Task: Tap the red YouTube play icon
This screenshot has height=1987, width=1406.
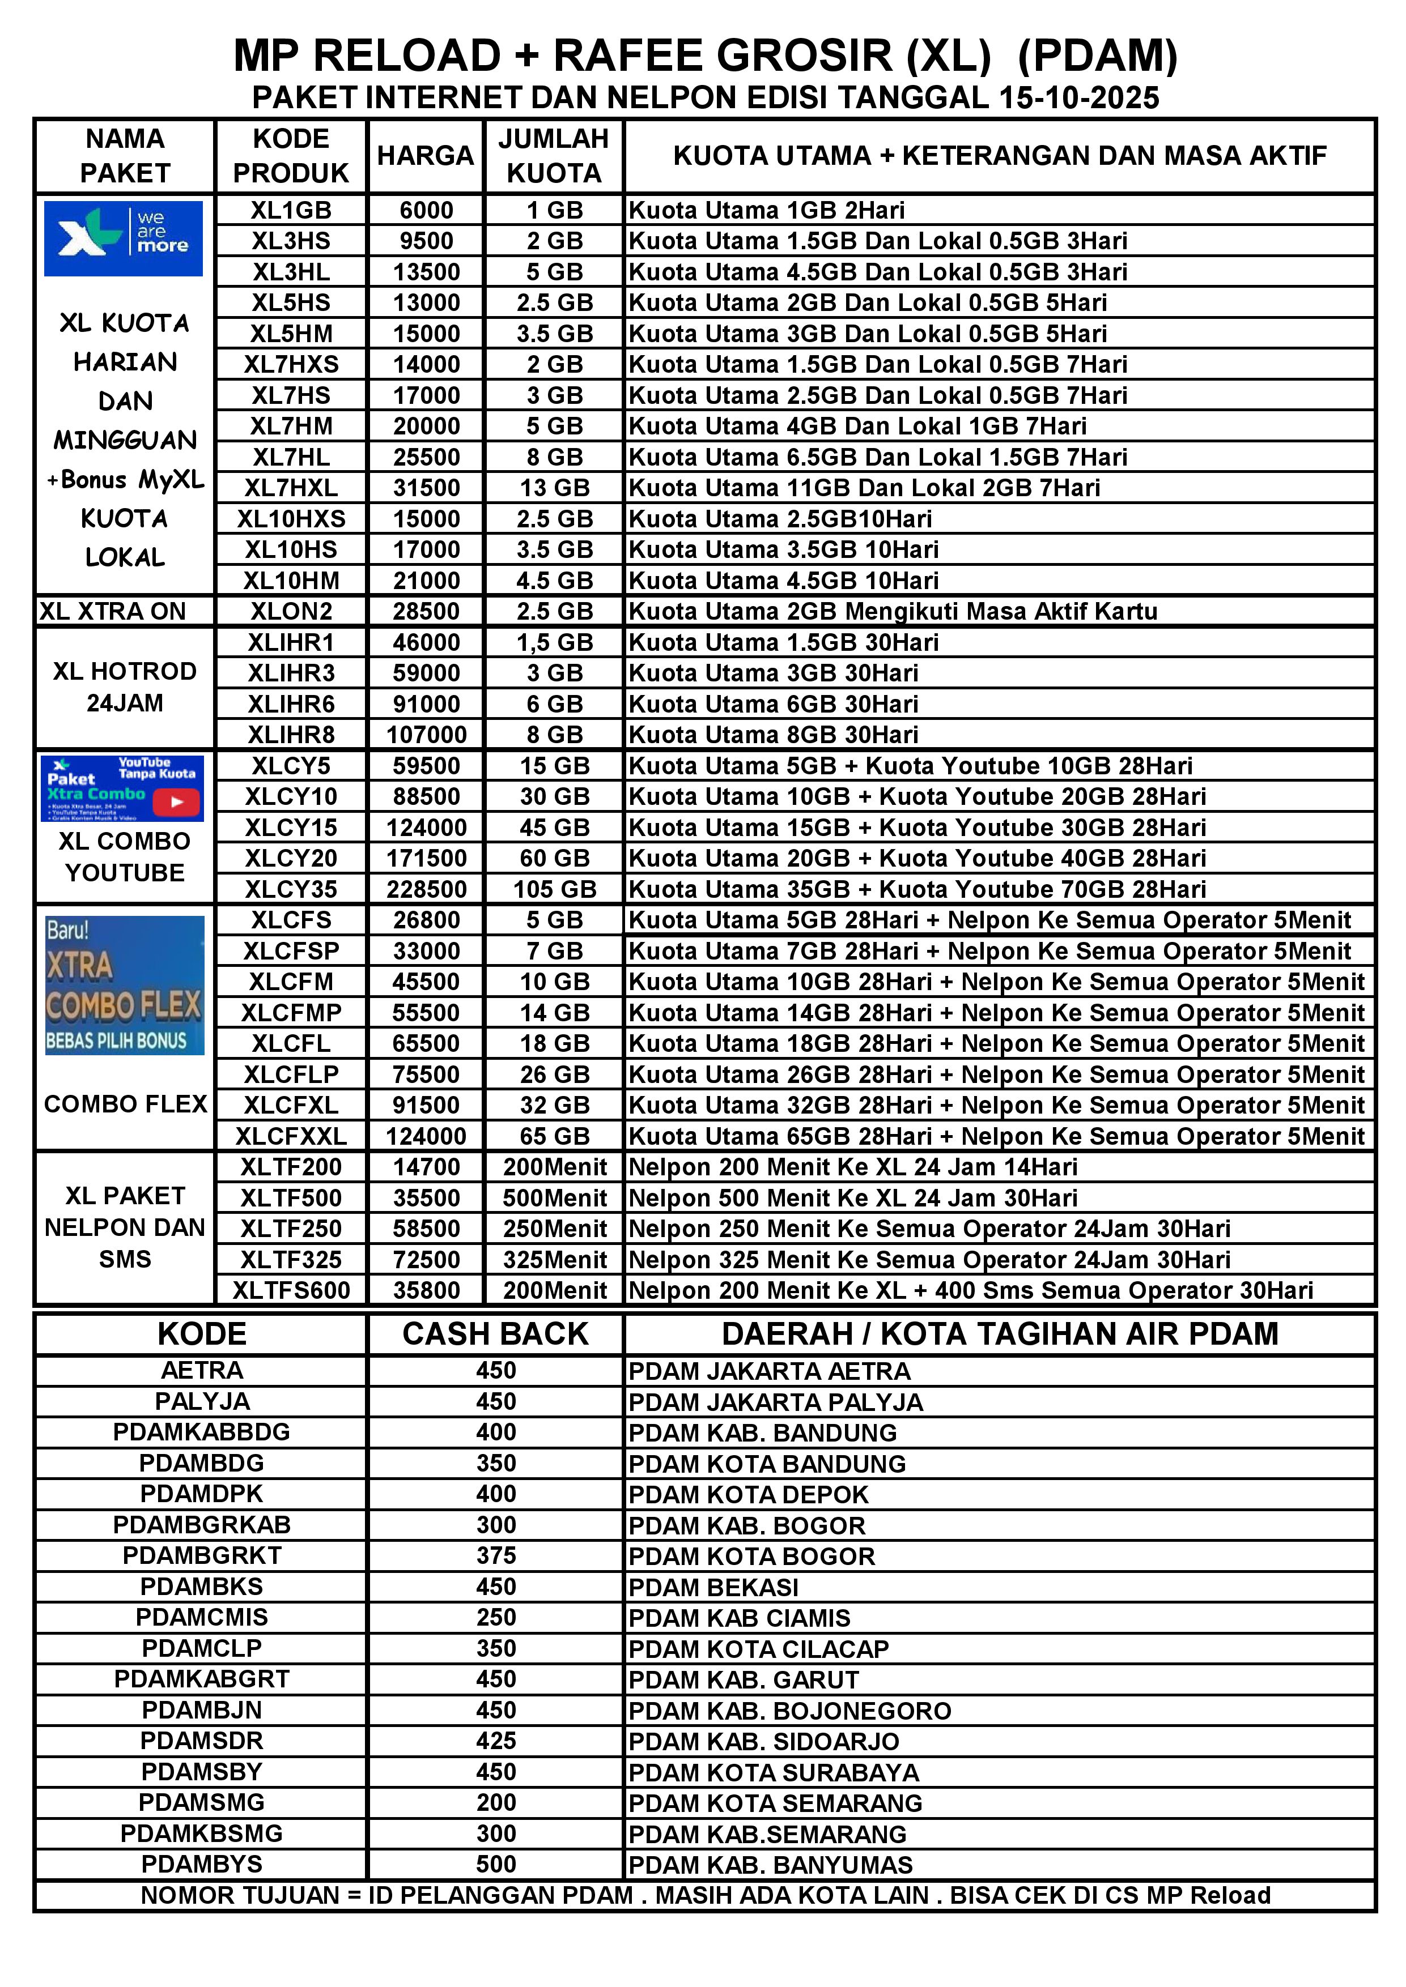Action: click(x=177, y=802)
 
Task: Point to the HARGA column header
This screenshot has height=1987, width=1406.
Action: click(x=425, y=156)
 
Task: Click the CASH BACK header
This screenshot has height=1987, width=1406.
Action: click(x=495, y=1333)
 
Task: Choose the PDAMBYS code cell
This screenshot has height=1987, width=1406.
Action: click(x=202, y=1864)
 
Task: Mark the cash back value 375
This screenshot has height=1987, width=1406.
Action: click(x=495, y=1555)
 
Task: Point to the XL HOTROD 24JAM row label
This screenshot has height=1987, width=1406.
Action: click(x=125, y=687)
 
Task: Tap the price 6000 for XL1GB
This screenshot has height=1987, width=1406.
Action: click(x=426, y=210)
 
